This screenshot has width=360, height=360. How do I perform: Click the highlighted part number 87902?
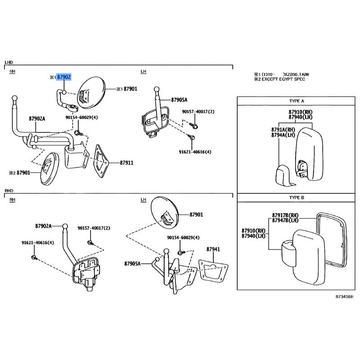point(63,77)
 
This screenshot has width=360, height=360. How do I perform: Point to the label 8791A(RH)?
point(283,130)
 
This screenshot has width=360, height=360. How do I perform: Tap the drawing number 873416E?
point(344,297)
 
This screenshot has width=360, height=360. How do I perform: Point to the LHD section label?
point(9,62)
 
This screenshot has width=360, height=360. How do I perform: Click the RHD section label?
point(9,190)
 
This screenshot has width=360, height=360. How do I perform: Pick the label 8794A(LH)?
point(283,135)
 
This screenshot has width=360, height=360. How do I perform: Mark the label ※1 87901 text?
point(127,89)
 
